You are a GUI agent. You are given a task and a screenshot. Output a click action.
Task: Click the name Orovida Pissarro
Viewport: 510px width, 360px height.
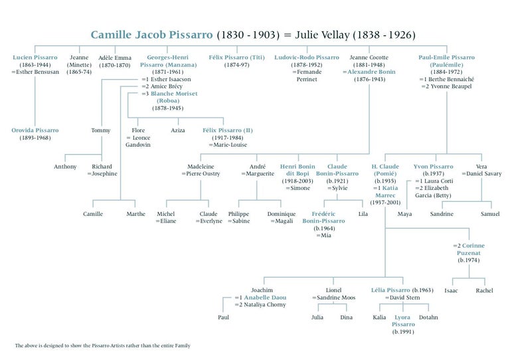pyautogui.click(x=35, y=130)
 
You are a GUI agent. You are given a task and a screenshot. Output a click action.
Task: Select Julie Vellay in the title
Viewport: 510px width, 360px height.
pyautogui.click(x=322, y=35)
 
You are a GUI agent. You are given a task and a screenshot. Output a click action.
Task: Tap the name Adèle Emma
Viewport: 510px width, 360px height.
pyautogui.click(x=115, y=58)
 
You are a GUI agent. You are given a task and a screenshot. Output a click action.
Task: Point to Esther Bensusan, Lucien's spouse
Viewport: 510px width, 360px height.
pyautogui.click(x=37, y=72)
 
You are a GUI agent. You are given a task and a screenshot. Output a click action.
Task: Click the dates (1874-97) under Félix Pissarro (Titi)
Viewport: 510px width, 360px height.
pyautogui.click(x=237, y=64)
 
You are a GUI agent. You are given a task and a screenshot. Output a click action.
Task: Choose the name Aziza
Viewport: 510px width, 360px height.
pyautogui.click(x=177, y=130)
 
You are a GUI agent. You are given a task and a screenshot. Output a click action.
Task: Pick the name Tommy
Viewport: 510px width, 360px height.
pyautogui.click(x=101, y=130)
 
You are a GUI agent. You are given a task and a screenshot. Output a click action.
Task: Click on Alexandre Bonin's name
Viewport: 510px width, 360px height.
pyautogui.click(x=371, y=72)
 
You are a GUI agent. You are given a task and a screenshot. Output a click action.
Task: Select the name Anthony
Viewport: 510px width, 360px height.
pyautogui.click(x=65, y=167)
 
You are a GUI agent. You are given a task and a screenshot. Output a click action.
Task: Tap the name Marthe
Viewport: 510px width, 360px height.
pyautogui.click(x=136, y=214)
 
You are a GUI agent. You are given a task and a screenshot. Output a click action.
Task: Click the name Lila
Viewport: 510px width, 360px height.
pyautogui.click(x=363, y=214)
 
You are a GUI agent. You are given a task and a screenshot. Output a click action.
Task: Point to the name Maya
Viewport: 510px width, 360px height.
pyautogui.click(x=404, y=214)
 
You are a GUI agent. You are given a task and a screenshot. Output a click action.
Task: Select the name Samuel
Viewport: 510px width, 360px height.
pyautogui.click(x=490, y=214)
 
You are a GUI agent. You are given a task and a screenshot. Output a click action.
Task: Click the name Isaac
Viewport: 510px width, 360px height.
pyautogui.click(x=451, y=291)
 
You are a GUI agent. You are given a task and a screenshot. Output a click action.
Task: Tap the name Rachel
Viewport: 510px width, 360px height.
pyautogui.click(x=484, y=291)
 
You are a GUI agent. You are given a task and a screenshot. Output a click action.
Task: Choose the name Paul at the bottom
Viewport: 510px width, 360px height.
pyautogui.click(x=223, y=317)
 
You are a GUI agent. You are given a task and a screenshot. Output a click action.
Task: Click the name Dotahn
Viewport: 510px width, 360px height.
pyautogui.click(x=428, y=317)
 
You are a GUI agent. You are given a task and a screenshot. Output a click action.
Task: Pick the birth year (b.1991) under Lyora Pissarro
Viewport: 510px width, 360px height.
pyautogui.click(x=403, y=332)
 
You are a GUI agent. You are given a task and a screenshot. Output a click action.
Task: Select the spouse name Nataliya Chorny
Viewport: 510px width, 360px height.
pyautogui.click(x=265, y=305)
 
